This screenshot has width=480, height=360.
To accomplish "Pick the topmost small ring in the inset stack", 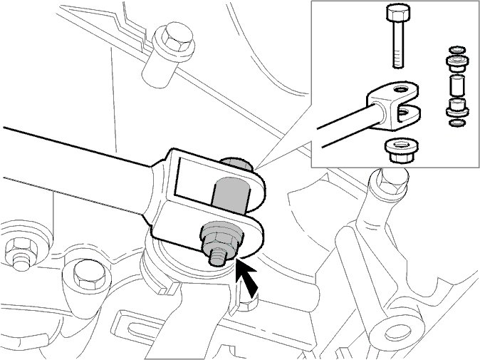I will [x=454, y=50].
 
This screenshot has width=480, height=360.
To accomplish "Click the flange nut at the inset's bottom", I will [x=396, y=150].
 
